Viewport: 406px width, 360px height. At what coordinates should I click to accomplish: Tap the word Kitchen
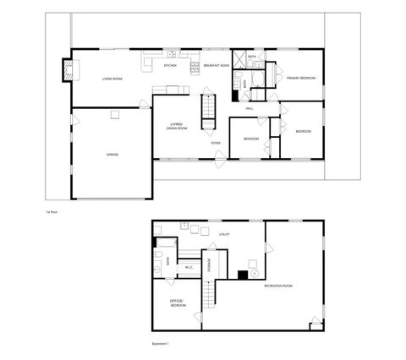click(x=170, y=65)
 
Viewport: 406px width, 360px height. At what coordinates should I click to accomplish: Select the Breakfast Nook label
click(x=217, y=65)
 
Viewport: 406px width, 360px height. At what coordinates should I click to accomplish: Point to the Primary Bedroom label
click(x=300, y=78)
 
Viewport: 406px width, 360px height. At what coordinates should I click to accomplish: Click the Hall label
click(x=250, y=108)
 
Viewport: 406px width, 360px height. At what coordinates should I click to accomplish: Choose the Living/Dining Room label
click(x=178, y=126)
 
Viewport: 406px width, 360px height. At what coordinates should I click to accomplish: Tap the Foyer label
click(x=217, y=143)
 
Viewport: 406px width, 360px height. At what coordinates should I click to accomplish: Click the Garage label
click(x=112, y=155)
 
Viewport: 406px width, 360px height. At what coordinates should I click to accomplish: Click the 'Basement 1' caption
click(x=161, y=344)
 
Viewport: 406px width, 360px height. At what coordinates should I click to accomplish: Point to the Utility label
click(x=224, y=233)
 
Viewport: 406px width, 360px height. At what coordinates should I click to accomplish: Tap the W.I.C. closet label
click(x=189, y=269)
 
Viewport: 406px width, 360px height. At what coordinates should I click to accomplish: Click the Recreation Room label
click(x=278, y=286)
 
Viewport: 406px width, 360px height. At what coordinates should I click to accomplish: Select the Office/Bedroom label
click(x=178, y=303)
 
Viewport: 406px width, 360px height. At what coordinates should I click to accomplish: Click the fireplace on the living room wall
click(x=64, y=71)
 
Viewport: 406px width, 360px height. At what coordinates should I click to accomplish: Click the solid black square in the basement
click(x=243, y=274)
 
